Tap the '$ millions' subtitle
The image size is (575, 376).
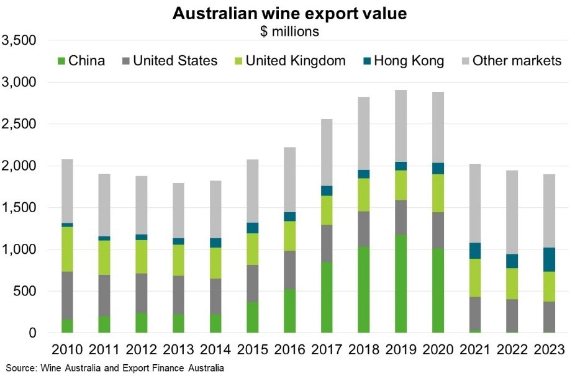[289, 31]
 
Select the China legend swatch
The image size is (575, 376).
[61, 61]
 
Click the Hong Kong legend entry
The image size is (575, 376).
[404, 61]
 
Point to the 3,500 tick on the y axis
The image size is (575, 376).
[20, 40]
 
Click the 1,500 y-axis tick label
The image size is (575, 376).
[20, 208]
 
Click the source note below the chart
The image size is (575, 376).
[115, 368]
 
